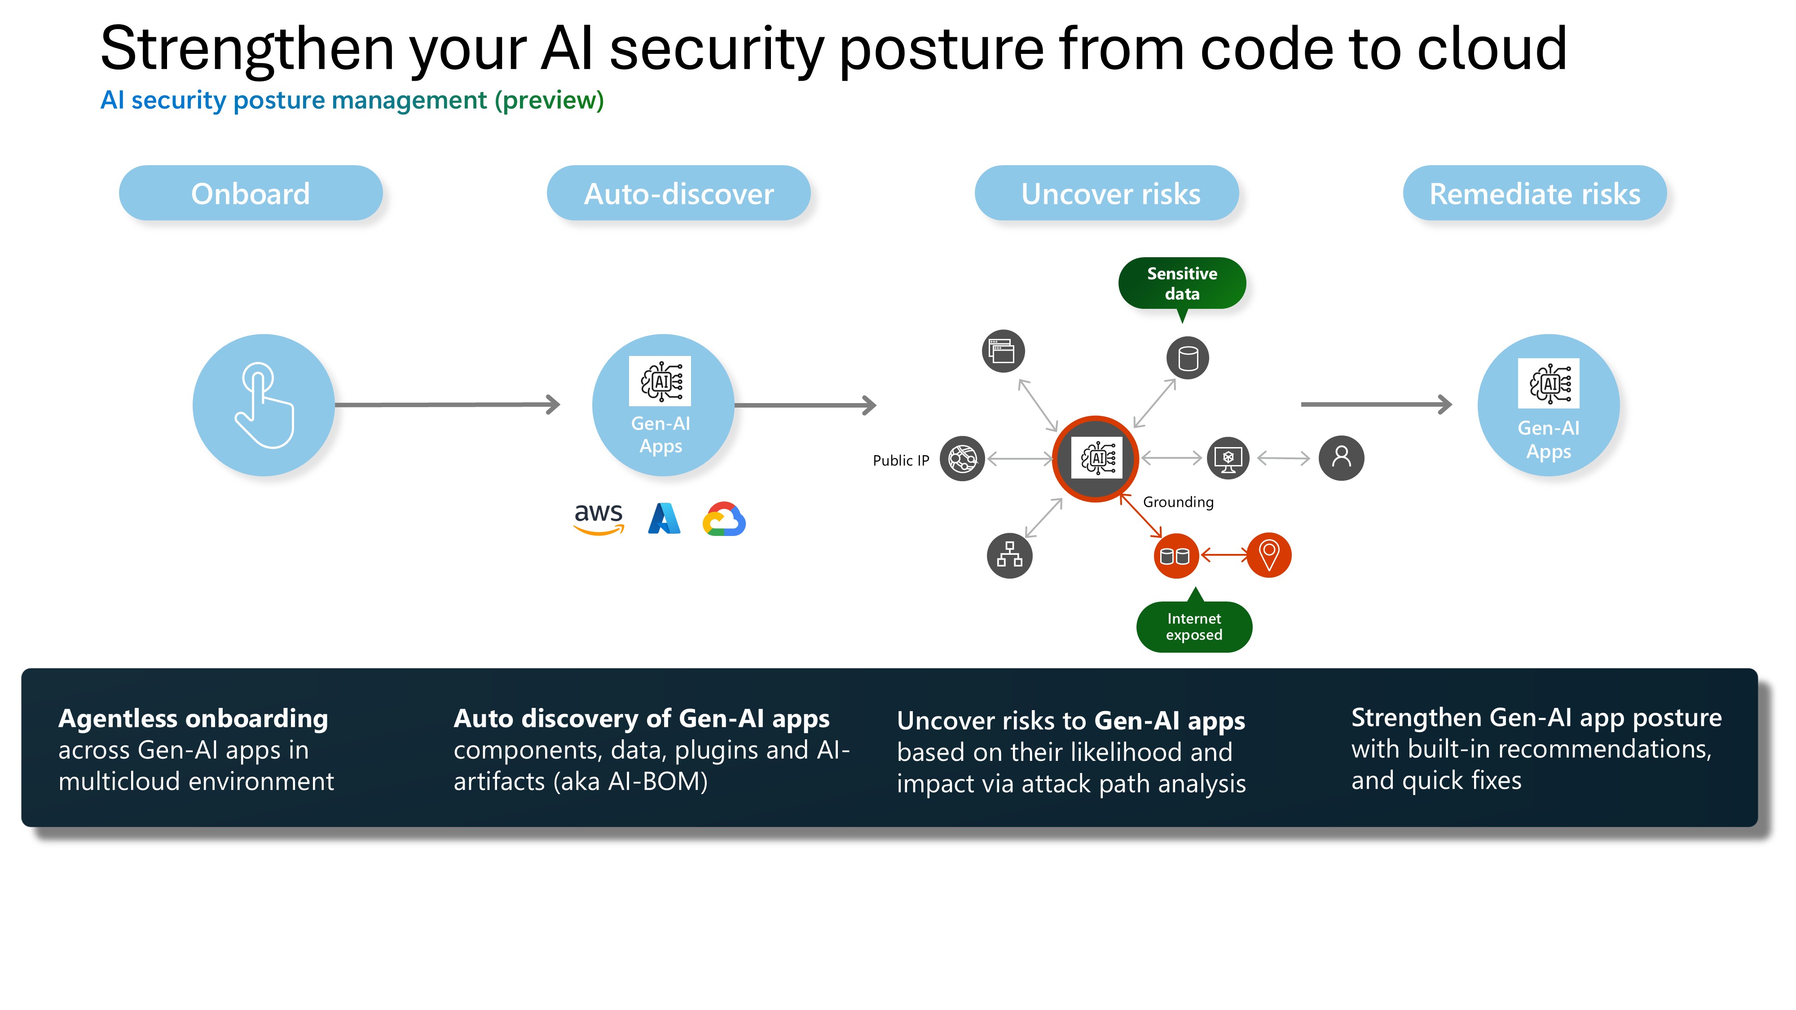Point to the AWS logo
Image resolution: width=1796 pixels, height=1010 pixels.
(598, 518)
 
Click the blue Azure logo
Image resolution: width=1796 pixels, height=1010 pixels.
(664, 518)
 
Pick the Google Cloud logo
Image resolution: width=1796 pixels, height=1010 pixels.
(724, 519)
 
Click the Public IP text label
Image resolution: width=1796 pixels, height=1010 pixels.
(901, 461)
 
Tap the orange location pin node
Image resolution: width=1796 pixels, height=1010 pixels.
(1269, 556)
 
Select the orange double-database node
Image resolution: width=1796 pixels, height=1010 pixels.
(1175, 556)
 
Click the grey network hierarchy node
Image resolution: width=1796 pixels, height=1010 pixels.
(1009, 556)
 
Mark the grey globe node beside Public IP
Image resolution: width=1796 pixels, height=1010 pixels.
(962, 459)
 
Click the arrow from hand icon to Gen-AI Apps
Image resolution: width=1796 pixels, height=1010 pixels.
(447, 404)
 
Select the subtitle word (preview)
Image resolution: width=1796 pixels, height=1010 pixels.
(550, 101)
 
